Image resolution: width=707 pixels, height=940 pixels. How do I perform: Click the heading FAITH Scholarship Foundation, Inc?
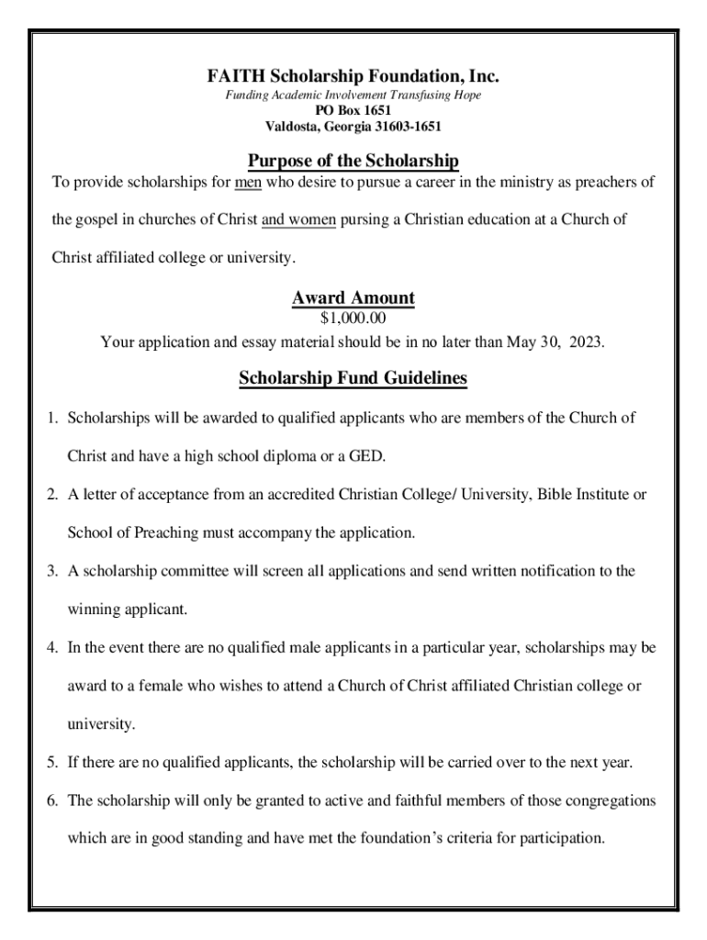tap(353, 76)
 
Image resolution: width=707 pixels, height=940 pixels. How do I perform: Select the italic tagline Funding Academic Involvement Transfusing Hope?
tap(353, 95)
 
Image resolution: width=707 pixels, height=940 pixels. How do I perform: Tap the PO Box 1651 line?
tap(353, 111)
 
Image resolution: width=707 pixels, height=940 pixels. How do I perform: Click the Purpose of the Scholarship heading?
tap(353, 162)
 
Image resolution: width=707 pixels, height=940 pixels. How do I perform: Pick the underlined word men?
tap(249, 182)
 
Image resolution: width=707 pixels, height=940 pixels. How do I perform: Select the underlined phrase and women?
tap(299, 219)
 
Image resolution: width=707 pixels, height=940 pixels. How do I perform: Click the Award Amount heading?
tap(353, 298)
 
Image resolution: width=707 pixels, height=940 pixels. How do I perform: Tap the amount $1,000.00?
tap(353, 319)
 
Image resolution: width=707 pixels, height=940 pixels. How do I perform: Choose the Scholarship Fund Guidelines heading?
tap(353, 378)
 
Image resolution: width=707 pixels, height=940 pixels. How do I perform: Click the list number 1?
tap(53, 419)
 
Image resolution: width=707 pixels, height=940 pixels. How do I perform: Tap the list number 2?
tap(53, 495)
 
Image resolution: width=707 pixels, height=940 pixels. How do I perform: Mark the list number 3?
tap(53, 571)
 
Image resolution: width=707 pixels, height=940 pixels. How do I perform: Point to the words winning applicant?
tap(127, 609)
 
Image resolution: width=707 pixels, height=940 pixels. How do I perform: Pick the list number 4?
tap(53, 648)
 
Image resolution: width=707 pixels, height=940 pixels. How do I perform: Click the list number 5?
tap(53, 763)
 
